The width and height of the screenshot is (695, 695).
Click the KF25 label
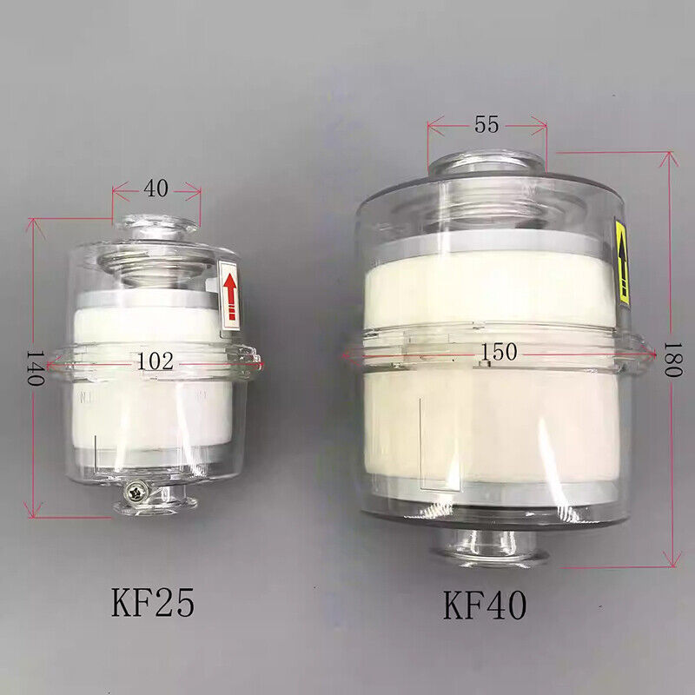(153, 602)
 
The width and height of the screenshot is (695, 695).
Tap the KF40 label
(485, 605)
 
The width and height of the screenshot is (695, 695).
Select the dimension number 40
(156, 189)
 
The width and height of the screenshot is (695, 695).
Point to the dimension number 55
(486, 124)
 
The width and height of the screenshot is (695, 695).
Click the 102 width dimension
(155, 361)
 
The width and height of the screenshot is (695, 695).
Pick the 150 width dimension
(499, 352)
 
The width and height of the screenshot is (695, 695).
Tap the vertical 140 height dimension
(36, 368)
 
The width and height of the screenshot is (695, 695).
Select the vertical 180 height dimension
(672, 359)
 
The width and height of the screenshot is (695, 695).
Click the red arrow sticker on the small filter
(229, 295)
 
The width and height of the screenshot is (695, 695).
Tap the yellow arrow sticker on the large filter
(621, 261)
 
